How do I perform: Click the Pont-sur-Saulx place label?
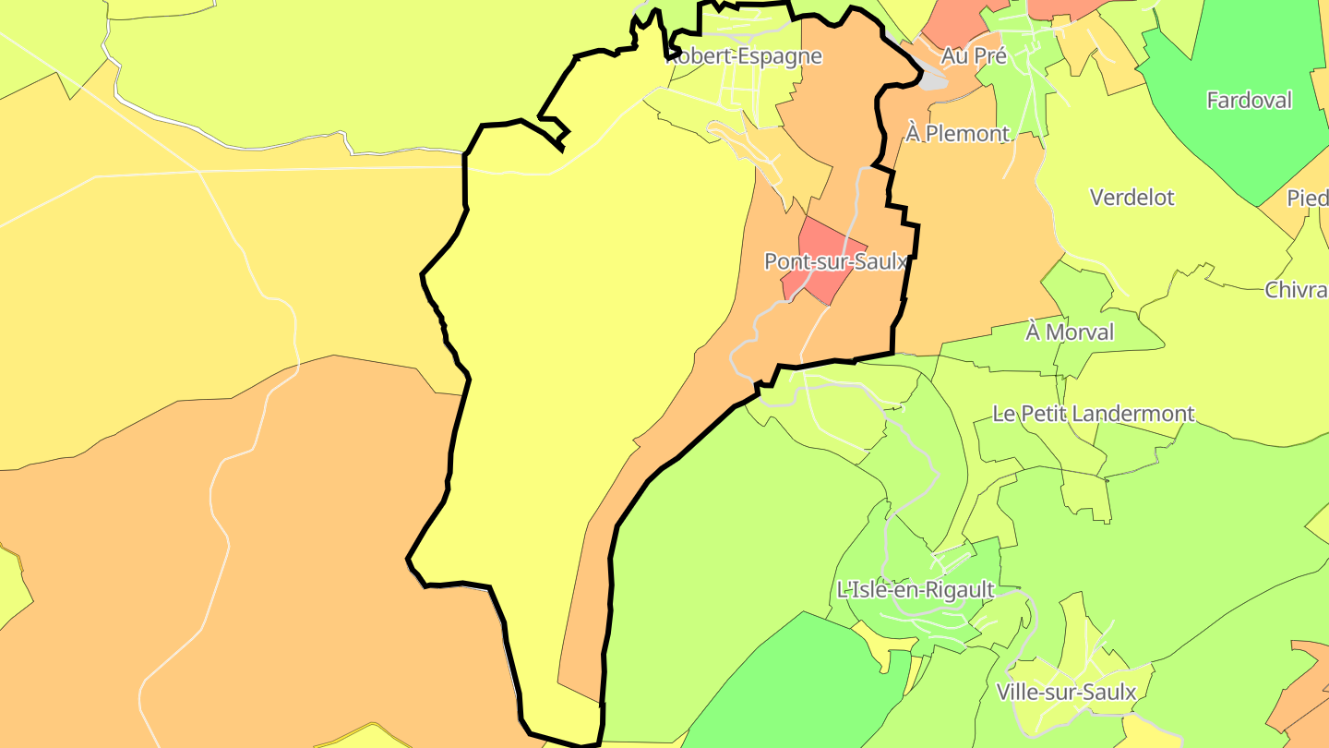(836, 261)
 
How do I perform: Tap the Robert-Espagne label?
(744, 56)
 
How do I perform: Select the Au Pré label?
(973, 56)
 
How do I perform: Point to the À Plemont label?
(957, 134)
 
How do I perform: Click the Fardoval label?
(1250, 101)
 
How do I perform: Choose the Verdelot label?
(1131, 198)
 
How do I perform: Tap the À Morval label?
(1070, 332)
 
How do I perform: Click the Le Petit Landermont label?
(1094, 414)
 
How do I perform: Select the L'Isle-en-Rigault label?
(915, 590)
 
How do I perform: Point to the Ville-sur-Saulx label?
(1066, 693)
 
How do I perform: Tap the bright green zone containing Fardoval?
(1227, 139)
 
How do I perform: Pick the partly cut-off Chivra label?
(1297, 290)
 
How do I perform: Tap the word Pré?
(988, 56)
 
